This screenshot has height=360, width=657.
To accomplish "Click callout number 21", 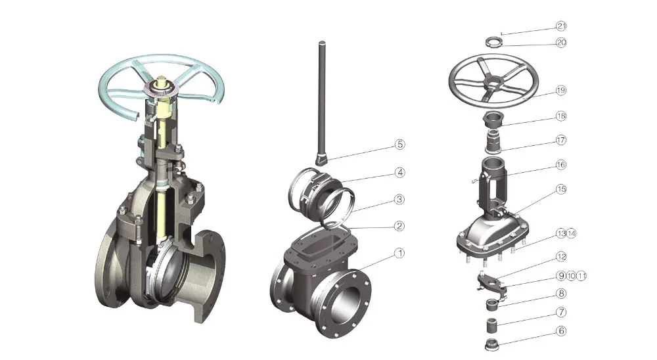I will (x=560, y=26).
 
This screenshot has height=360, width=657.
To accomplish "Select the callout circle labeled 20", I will (x=560, y=42).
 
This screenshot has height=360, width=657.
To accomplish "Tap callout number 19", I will (x=560, y=90).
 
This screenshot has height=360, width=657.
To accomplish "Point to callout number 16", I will (x=560, y=164).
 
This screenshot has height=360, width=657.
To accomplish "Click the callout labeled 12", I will (x=560, y=256).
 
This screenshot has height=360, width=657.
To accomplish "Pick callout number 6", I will (x=560, y=331).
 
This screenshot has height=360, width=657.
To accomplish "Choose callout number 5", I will (x=399, y=144).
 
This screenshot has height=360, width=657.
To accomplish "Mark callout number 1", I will (x=399, y=253).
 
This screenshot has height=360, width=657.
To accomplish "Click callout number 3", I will (x=399, y=198).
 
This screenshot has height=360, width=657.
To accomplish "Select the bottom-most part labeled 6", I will (x=490, y=344).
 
